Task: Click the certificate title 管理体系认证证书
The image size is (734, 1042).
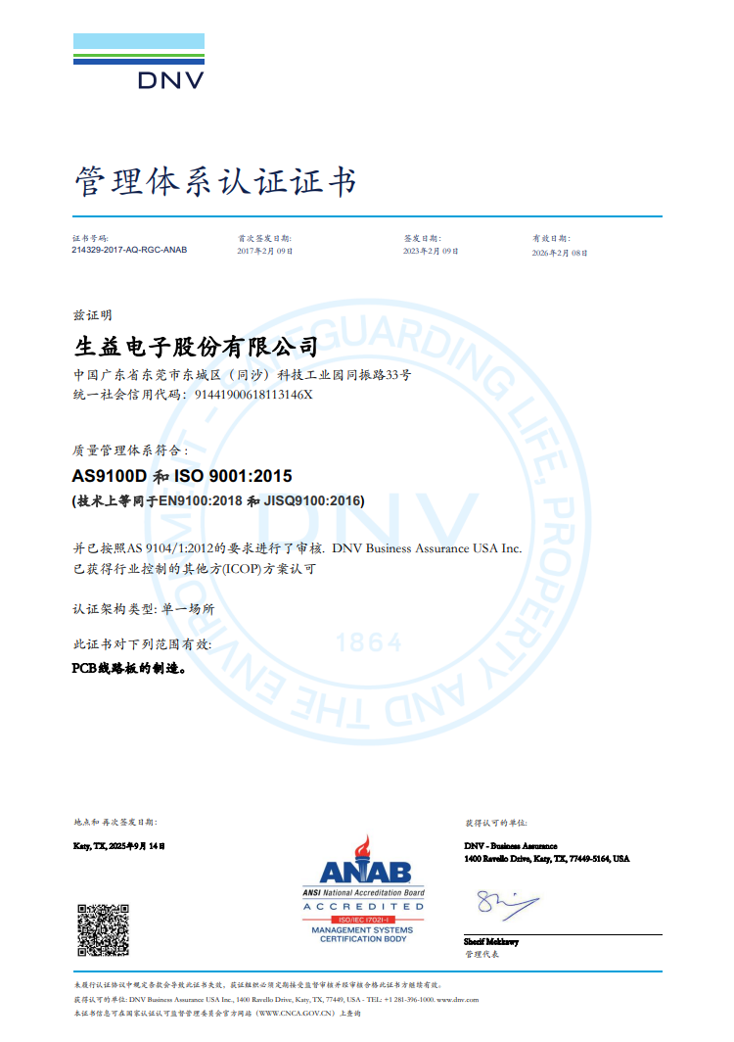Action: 215,181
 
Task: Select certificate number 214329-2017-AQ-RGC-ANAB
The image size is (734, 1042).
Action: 129,251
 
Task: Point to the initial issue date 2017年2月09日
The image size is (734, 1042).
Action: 265,252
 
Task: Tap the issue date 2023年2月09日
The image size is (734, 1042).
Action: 432,252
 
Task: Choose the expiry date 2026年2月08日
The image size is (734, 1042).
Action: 560,253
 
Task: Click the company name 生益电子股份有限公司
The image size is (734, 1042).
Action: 197,347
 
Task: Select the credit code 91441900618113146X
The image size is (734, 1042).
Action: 253,395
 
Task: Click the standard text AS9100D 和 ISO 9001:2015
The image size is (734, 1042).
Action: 183,477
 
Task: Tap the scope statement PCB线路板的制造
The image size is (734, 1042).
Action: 127,669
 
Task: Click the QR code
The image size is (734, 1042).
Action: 102,929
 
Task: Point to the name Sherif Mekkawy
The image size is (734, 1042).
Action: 491,941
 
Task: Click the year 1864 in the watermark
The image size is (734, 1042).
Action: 369,642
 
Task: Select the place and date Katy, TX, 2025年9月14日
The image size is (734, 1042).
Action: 119,845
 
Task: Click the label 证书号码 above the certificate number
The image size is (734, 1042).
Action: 90,238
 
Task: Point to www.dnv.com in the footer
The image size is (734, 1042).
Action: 464,999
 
